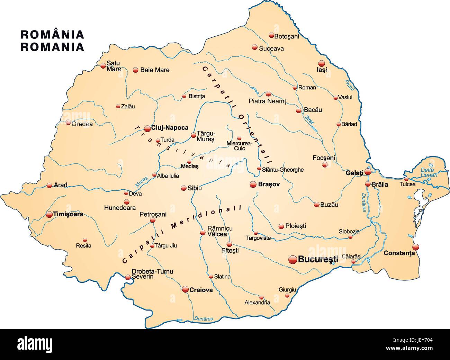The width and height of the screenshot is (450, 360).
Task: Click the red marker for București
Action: point(292,259)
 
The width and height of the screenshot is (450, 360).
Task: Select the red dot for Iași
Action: point(322,63)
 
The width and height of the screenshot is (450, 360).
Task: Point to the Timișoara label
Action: point(68,214)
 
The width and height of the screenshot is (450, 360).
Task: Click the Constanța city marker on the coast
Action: point(415,247)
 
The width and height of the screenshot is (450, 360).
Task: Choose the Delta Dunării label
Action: point(429,172)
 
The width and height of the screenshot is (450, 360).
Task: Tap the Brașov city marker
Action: point(253,184)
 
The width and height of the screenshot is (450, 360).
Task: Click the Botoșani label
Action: point(286,36)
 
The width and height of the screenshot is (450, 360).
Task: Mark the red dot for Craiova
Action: point(186,289)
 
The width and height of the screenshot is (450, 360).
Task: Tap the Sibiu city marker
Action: point(184,188)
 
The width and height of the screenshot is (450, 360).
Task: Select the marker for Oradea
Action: point(69,122)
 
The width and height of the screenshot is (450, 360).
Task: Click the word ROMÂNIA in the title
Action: point(52,35)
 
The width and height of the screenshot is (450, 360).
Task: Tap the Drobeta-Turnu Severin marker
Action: point(128,277)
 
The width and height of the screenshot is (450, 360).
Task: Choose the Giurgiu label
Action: point(287,289)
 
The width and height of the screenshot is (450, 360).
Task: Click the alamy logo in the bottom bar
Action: point(35,344)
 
